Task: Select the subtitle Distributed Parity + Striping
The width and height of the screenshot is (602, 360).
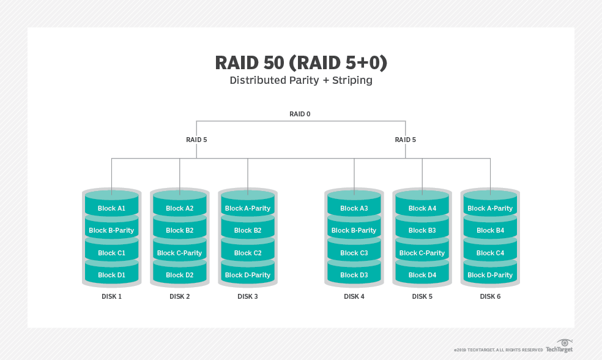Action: (x=300, y=80)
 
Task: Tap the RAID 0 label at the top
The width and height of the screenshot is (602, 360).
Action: (x=300, y=114)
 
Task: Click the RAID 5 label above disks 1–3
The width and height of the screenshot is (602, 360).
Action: (x=196, y=140)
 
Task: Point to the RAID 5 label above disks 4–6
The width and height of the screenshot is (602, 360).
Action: (x=405, y=140)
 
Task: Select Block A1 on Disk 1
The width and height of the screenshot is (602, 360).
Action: (x=111, y=208)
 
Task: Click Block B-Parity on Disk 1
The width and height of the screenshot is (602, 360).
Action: (x=111, y=231)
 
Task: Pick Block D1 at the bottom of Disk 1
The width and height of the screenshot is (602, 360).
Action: (x=111, y=275)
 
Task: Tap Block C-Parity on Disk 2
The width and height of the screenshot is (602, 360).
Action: (x=179, y=253)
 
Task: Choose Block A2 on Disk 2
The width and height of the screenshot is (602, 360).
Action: (x=179, y=208)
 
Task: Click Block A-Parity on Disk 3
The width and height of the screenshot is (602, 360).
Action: (x=247, y=208)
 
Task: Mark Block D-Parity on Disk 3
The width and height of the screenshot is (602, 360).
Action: (x=247, y=275)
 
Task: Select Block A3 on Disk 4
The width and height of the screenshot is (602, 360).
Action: (x=354, y=208)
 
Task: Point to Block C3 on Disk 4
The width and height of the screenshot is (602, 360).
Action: (x=354, y=253)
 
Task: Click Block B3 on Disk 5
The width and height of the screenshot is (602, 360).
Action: (x=422, y=231)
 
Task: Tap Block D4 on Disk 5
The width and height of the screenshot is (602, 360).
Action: (x=422, y=275)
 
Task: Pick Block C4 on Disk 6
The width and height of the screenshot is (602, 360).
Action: (x=490, y=253)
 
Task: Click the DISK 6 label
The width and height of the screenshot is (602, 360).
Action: (x=490, y=297)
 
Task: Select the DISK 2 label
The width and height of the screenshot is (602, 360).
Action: (x=179, y=297)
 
